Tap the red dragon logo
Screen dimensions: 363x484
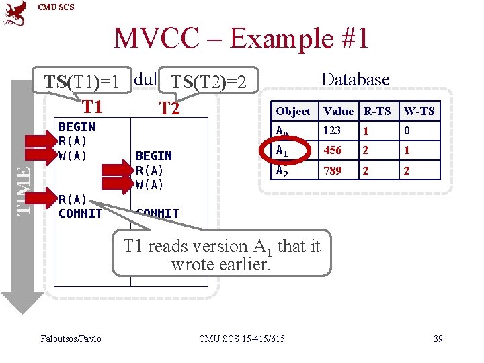[15, 13]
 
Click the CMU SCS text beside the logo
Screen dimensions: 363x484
[56, 7]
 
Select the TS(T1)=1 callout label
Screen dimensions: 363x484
[82, 82]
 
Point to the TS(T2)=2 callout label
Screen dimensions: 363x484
[209, 82]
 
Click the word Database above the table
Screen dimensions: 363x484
[355, 79]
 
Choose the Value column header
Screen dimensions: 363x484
[338, 111]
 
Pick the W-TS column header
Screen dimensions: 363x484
[418, 111]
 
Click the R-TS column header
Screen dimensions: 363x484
[376, 111]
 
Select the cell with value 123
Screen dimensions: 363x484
[332, 130]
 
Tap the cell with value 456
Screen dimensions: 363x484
[332, 151]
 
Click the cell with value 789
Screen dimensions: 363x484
[332, 171]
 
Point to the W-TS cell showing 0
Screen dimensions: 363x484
[406, 130]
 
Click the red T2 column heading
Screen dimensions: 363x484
[169, 108]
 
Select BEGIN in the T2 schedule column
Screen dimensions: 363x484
[154, 156]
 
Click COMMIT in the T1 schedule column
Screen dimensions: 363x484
[80, 214]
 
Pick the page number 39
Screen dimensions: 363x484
[438, 338]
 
